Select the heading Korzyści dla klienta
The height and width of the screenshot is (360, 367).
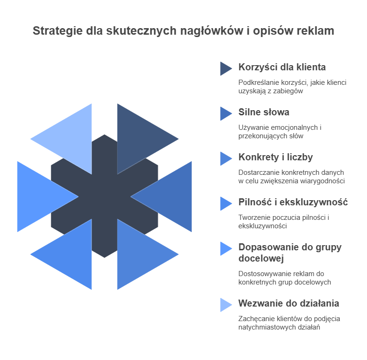pyautogui.click(x=282, y=67)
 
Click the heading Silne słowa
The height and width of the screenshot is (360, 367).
pyautogui.click(x=263, y=112)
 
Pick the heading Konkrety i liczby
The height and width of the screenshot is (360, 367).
pyautogui.click(x=275, y=157)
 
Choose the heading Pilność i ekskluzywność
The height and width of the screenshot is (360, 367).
pyautogui.click(x=293, y=202)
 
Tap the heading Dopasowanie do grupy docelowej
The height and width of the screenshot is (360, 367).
pyautogui.click(x=290, y=253)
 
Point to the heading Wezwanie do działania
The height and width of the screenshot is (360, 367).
pyautogui.click(x=288, y=303)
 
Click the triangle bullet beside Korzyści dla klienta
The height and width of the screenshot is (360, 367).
pyautogui.click(x=225, y=68)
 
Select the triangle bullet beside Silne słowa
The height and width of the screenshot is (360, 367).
pyautogui.click(x=225, y=113)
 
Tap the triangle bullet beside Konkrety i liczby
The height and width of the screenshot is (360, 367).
pyautogui.click(x=225, y=158)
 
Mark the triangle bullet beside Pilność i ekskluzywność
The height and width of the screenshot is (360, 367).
pyautogui.click(x=225, y=203)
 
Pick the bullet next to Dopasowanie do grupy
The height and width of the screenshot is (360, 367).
pyautogui.click(x=225, y=248)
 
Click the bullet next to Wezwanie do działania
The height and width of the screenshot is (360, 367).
pyautogui.click(x=225, y=305)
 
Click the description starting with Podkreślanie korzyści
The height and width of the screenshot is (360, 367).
pyautogui.click(x=292, y=87)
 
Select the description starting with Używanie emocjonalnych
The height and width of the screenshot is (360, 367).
pyautogui.click(x=280, y=132)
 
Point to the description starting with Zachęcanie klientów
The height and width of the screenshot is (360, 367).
pyautogui.click(x=289, y=323)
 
